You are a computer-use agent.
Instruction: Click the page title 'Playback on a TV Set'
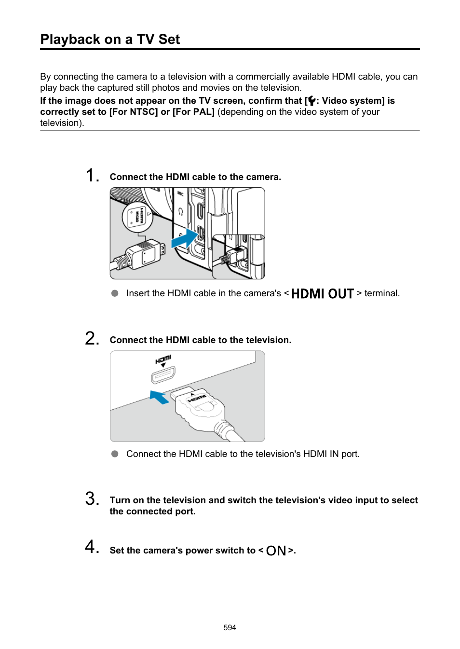pyautogui.click(x=110, y=39)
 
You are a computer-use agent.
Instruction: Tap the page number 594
pyautogui.click(x=230, y=627)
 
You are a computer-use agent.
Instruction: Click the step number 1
pyautogui.click(x=92, y=175)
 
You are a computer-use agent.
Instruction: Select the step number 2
pyautogui.click(x=92, y=338)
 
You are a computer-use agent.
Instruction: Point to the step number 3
pyautogui.click(x=92, y=498)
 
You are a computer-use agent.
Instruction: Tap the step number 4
pyautogui.click(x=92, y=547)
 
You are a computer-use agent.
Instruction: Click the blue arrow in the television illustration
pyautogui.click(x=159, y=397)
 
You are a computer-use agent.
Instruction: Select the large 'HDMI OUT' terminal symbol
pyautogui.click(x=322, y=293)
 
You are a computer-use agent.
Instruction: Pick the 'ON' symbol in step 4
pyautogui.click(x=276, y=551)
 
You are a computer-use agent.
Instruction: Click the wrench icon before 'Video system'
pyautogui.click(x=311, y=101)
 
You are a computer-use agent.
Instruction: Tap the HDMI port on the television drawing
pyautogui.click(x=163, y=374)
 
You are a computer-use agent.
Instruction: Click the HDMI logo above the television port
pyautogui.click(x=163, y=359)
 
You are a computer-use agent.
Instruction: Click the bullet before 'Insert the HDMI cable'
pyautogui.click(x=115, y=293)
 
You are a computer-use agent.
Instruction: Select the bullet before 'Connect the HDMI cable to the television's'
pyautogui.click(x=115, y=454)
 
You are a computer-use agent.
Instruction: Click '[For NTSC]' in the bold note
pyautogui.click(x=134, y=112)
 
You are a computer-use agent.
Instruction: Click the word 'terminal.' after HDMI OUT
pyautogui.click(x=382, y=293)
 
